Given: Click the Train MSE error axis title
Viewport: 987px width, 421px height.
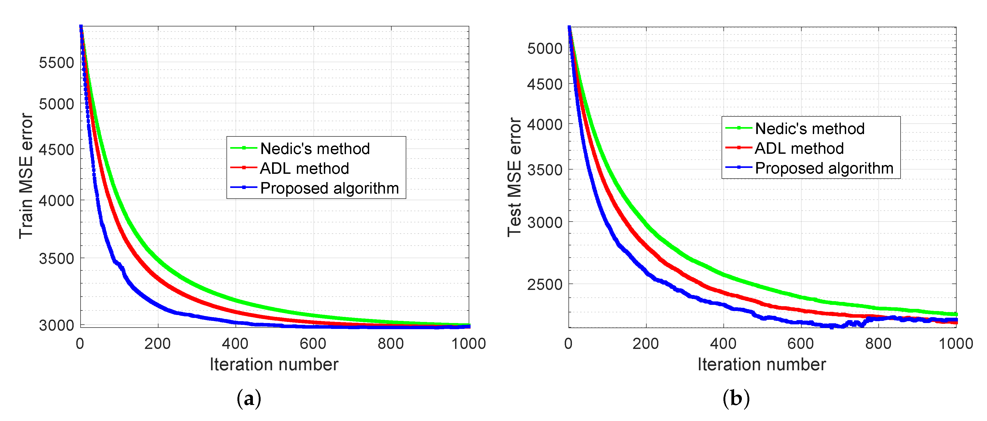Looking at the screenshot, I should (x=26, y=176).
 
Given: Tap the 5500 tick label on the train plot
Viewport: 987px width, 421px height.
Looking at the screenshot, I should (x=56, y=62).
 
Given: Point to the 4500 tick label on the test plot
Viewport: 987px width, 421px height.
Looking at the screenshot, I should (x=544, y=84).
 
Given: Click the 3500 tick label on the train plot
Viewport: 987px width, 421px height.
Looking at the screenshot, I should (x=56, y=258).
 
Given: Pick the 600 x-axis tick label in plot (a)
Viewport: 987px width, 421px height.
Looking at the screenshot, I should (x=313, y=344).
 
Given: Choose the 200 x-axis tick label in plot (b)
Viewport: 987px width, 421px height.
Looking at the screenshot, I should (x=646, y=344).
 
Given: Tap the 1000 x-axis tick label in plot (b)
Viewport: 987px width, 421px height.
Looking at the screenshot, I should (x=956, y=344).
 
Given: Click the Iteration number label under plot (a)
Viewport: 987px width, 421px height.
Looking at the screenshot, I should (x=274, y=364).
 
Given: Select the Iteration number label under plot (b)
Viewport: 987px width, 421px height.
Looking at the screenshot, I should (x=762, y=364).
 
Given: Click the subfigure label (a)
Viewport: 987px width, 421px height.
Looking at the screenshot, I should (x=249, y=399).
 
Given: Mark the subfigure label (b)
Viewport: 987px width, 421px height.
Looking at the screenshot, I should (x=736, y=399).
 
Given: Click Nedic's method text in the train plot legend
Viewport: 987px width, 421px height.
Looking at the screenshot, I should (x=315, y=149).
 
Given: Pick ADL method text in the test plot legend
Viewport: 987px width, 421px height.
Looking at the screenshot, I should (x=799, y=148).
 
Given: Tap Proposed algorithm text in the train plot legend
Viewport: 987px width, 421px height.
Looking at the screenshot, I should (x=329, y=188).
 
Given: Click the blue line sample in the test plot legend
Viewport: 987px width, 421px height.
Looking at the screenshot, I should (x=738, y=167).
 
